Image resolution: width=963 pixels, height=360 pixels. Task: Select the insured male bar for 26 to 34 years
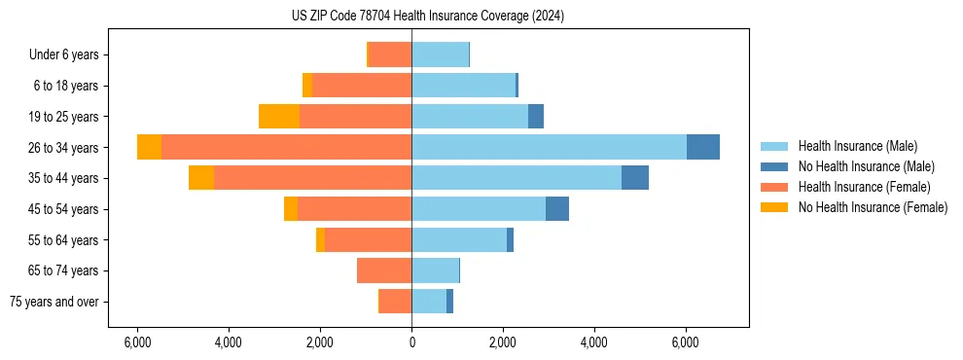click(x=549, y=147)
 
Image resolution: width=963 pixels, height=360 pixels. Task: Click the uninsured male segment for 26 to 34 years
click(x=702, y=147)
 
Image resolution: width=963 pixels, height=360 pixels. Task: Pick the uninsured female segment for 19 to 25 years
click(x=279, y=116)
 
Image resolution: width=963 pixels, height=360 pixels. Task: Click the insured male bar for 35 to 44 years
click(x=516, y=178)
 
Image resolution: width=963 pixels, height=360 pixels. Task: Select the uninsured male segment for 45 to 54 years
click(x=556, y=208)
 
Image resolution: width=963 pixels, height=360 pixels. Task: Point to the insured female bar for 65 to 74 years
click(x=384, y=270)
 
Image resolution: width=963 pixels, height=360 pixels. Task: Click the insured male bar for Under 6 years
click(x=440, y=54)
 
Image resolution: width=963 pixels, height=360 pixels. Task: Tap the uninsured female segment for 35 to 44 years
click(x=201, y=178)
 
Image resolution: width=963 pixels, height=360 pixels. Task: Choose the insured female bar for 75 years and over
click(x=395, y=302)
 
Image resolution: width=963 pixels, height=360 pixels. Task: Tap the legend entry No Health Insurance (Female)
click(x=873, y=207)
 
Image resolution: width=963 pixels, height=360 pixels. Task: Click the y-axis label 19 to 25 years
click(x=63, y=117)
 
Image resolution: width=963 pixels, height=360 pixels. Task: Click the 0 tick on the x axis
click(x=411, y=342)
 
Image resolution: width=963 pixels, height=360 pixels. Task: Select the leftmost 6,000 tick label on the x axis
click(x=137, y=342)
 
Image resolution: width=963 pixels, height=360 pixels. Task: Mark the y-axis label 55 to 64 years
click(x=63, y=240)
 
